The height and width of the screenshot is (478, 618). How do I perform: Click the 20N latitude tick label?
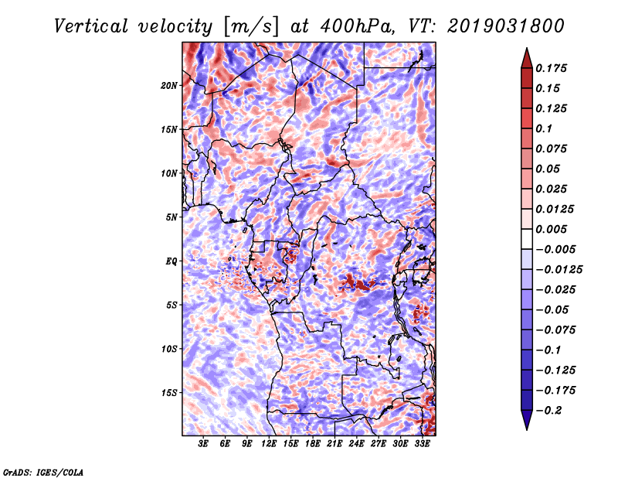169,86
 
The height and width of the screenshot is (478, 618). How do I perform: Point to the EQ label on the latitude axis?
171,261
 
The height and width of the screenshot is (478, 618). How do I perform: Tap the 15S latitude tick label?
169,393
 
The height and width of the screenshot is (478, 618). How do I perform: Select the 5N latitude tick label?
171,217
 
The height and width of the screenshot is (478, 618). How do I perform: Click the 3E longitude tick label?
203,443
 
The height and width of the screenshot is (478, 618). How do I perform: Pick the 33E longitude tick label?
422,443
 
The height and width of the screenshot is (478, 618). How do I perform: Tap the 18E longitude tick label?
313,443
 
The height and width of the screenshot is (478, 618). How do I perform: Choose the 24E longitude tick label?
356,443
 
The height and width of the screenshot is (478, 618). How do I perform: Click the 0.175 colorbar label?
551,68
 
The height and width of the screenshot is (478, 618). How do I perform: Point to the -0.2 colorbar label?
548,411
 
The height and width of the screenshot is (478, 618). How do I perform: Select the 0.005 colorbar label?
551,229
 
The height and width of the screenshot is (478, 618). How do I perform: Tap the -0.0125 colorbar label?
559,270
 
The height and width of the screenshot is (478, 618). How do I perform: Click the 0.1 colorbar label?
544,128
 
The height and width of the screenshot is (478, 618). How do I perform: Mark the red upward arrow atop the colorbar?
527,58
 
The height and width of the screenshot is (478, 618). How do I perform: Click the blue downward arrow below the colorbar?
527,420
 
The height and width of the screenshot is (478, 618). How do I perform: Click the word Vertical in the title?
91,26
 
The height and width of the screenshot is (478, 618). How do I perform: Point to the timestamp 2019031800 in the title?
506,26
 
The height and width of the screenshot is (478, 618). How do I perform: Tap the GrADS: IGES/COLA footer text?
43,473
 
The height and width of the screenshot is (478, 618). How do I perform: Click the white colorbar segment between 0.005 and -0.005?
527,239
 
